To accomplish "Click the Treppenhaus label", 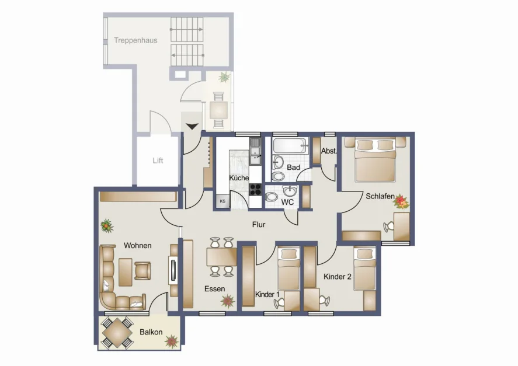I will [x=135, y=40].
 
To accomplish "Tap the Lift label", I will [x=158, y=161].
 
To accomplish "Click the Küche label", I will [x=239, y=178].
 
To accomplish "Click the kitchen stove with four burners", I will [x=256, y=189].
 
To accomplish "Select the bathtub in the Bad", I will [x=290, y=146].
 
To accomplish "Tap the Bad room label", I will [x=293, y=168].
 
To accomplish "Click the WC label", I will [x=287, y=202].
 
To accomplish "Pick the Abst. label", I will [x=328, y=151].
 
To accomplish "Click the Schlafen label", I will [x=380, y=196].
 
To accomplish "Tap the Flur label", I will [x=259, y=224].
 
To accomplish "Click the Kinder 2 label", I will [x=337, y=277].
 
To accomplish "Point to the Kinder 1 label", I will [x=267, y=295].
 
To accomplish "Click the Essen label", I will [x=214, y=289].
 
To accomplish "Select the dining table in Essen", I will [x=221, y=256].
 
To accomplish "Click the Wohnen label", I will [x=137, y=246].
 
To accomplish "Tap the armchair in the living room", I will [x=143, y=270].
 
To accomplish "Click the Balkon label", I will [x=151, y=332].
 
